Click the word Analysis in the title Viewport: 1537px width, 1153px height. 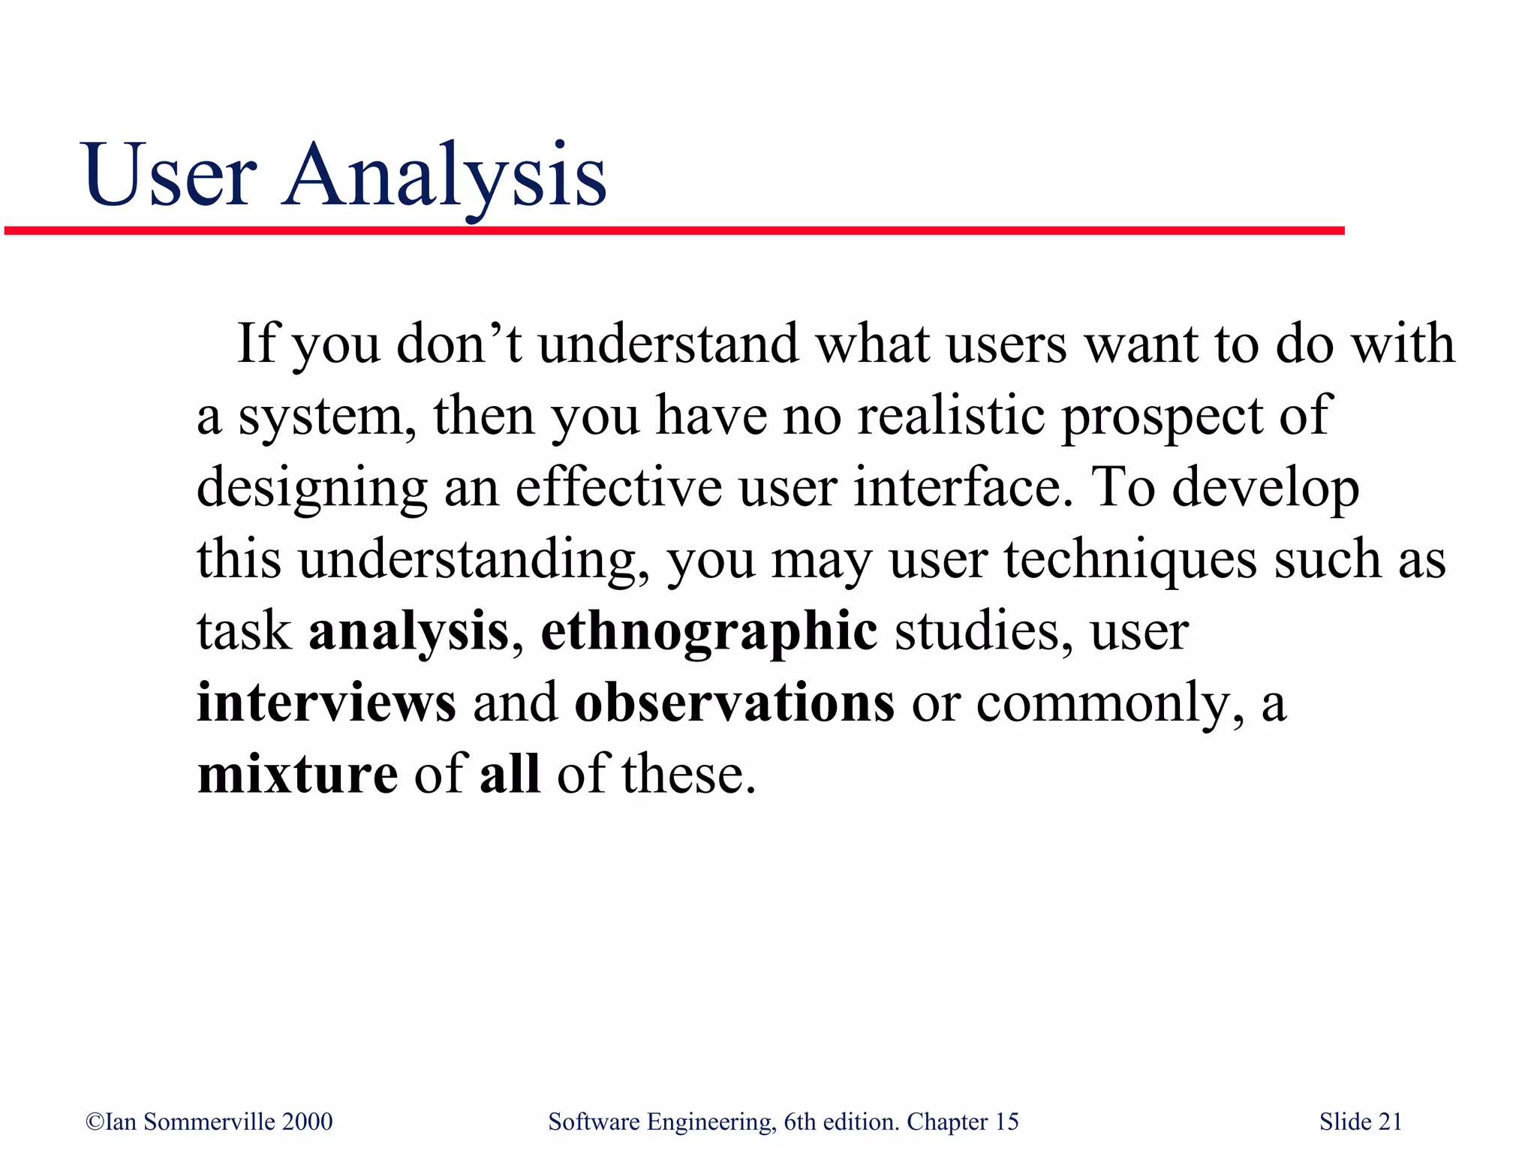444,176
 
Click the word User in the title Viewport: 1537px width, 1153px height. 171,176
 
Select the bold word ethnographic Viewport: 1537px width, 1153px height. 708,631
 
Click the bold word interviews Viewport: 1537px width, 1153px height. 326,703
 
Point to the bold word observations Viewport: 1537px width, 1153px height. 734,703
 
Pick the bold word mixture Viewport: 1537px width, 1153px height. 297,775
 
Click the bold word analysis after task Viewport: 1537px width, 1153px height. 409,631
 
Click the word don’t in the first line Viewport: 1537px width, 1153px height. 459,343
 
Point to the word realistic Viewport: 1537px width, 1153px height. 951,415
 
